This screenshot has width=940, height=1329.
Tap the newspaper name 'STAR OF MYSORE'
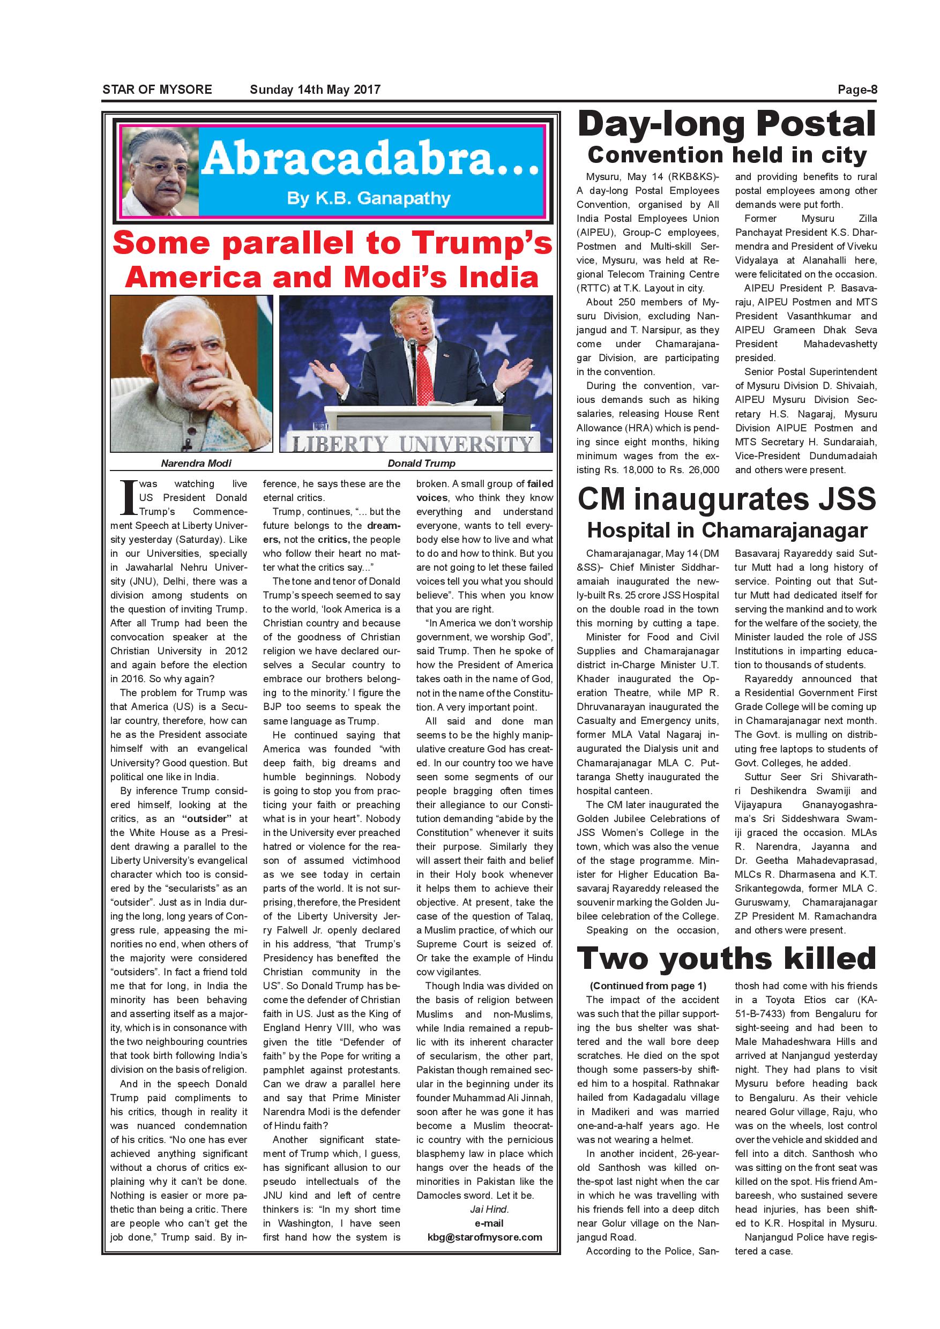click(158, 89)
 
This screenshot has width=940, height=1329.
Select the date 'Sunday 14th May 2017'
click(315, 89)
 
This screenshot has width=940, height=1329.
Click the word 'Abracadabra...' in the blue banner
click(370, 160)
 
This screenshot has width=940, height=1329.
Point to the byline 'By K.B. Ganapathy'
click(369, 198)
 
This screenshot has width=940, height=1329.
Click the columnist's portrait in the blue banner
click(160, 170)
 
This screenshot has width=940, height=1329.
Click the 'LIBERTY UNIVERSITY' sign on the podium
click(412, 443)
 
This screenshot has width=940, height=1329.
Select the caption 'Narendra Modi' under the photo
click(196, 463)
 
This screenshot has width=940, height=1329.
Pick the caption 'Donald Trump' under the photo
click(421, 463)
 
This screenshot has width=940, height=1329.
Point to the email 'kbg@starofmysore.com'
click(484, 1237)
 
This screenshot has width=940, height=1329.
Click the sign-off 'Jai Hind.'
click(489, 1209)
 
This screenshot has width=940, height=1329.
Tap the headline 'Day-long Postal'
click(726, 124)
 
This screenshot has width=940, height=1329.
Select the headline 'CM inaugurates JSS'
click(726, 499)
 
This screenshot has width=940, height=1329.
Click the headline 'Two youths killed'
click(726, 958)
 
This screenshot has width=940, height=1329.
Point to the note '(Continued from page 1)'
click(648, 985)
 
